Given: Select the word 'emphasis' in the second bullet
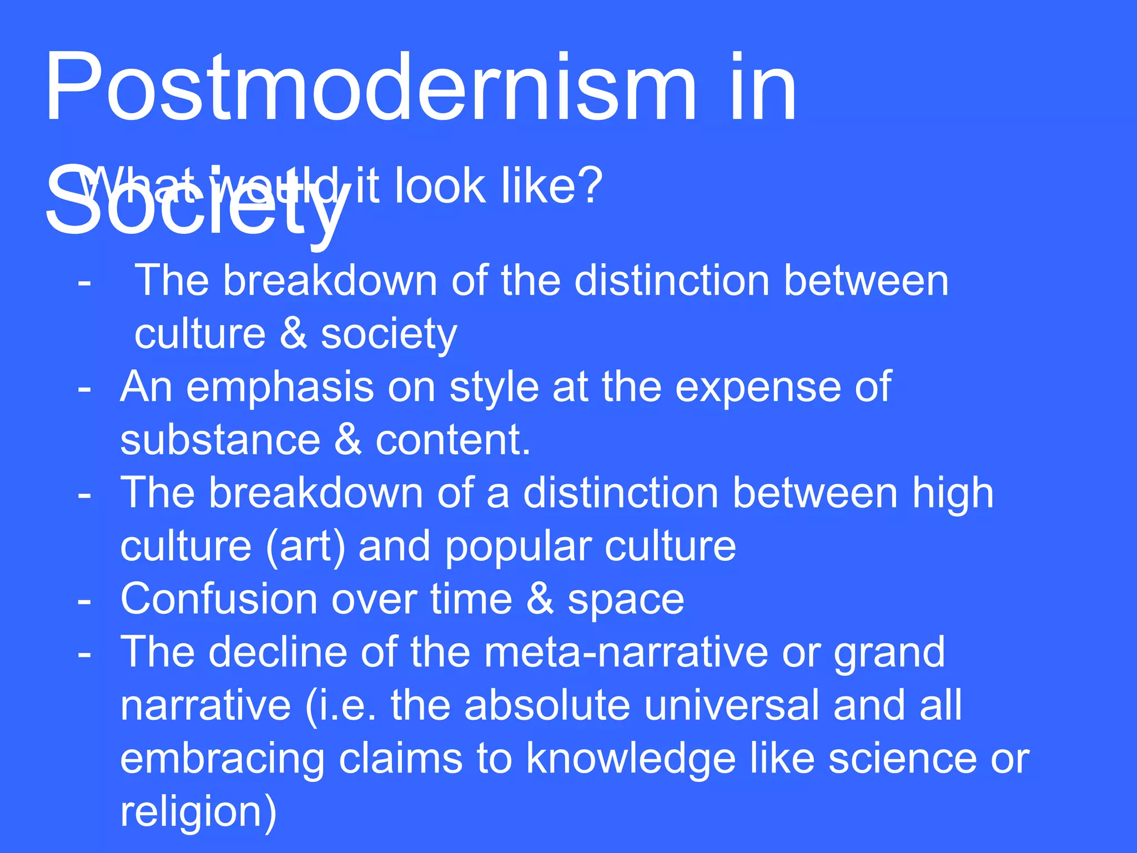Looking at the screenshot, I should (280, 387).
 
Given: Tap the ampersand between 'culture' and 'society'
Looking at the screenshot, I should (293, 333).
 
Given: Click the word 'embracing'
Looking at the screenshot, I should (222, 760).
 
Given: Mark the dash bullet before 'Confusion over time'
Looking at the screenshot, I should (84, 600).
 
